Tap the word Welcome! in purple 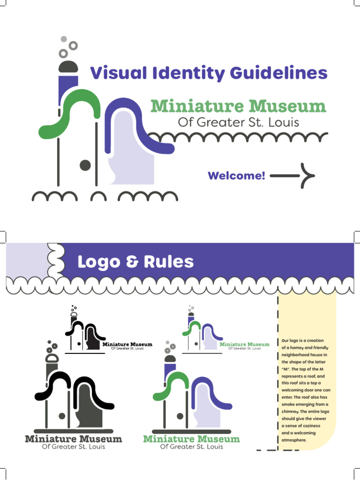237,176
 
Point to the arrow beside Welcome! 292,176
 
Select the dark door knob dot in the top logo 85,165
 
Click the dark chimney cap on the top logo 68,67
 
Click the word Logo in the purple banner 99,262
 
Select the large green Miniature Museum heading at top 238,106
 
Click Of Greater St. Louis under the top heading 238,122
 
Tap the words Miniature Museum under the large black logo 73,439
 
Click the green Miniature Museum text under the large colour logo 191,439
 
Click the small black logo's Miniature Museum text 127,345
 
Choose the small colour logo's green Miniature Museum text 245,345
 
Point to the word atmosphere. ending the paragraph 294,440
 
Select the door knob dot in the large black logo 62,416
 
